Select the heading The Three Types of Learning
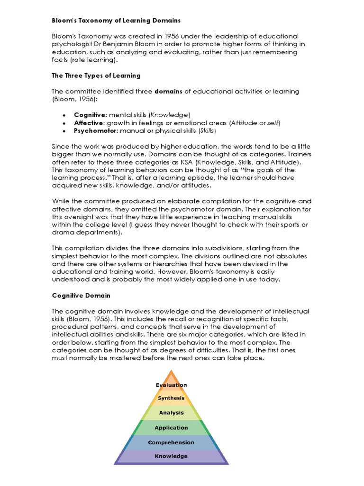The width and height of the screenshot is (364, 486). pyautogui.click(x=96, y=75)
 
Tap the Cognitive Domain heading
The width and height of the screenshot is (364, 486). pyautogui.click(x=81, y=295)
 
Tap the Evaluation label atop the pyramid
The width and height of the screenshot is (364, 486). pyautogui.click(x=171, y=385)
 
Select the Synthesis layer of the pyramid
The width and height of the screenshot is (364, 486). pyautogui.click(x=171, y=398)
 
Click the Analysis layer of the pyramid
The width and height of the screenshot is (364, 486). pyautogui.click(x=171, y=413)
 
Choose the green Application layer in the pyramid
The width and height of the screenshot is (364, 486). pyautogui.click(x=171, y=428)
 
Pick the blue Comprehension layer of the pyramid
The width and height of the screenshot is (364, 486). pyautogui.click(x=171, y=442)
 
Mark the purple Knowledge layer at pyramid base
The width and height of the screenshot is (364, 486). pyautogui.click(x=171, y=456)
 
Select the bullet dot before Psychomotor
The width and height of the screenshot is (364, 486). pyautogui.click(x=64, y=131)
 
